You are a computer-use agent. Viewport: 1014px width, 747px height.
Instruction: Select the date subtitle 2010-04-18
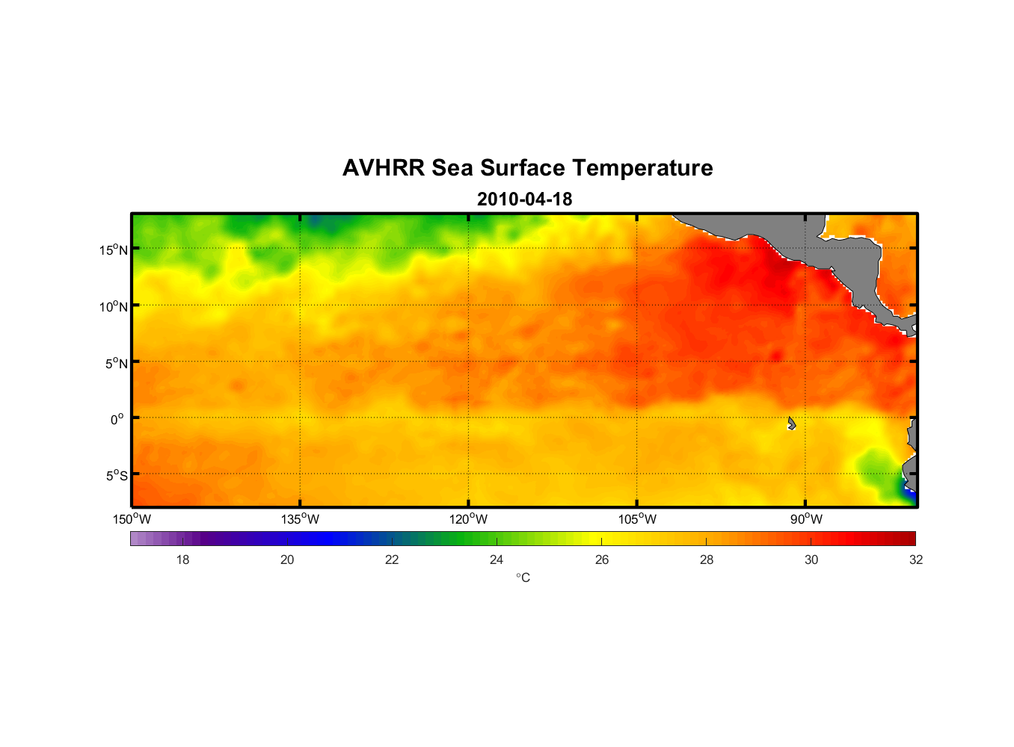click(x=524, y=199)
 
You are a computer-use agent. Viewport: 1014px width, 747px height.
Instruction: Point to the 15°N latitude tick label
click(x=114, y=249)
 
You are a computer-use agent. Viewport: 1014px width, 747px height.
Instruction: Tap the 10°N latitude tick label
click(x=114, y=306)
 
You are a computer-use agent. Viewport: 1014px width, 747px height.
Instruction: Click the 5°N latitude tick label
click(x=117, y=363)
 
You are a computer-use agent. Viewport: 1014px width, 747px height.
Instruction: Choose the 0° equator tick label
click(x=117, y=419)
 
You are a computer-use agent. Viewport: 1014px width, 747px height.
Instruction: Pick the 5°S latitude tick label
click(x=117, y=475)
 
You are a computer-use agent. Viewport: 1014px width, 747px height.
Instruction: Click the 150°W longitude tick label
click(x=132, y=519)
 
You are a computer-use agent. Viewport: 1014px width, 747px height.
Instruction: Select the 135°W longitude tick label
click(x=301, y=519)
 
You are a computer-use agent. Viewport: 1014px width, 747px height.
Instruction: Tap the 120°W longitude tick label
click(x=469, y=519)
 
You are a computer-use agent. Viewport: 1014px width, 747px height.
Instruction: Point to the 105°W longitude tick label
click(x=637, y=519)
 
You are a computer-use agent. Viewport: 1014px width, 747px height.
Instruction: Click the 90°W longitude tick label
click(x=806, y=519)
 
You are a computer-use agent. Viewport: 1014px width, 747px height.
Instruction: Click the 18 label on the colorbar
click(x=182, y=560)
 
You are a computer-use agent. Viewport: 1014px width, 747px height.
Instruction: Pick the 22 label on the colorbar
click(x=392, y=560)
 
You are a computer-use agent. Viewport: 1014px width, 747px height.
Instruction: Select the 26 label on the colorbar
click(x=602, y=560)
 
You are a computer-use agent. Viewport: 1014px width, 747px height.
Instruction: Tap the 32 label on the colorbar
click(x=916, y=560)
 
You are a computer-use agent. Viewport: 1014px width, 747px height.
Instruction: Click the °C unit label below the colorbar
click(x=523, y=577)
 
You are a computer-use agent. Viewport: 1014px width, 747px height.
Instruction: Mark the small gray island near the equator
click(x=791, y=424)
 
